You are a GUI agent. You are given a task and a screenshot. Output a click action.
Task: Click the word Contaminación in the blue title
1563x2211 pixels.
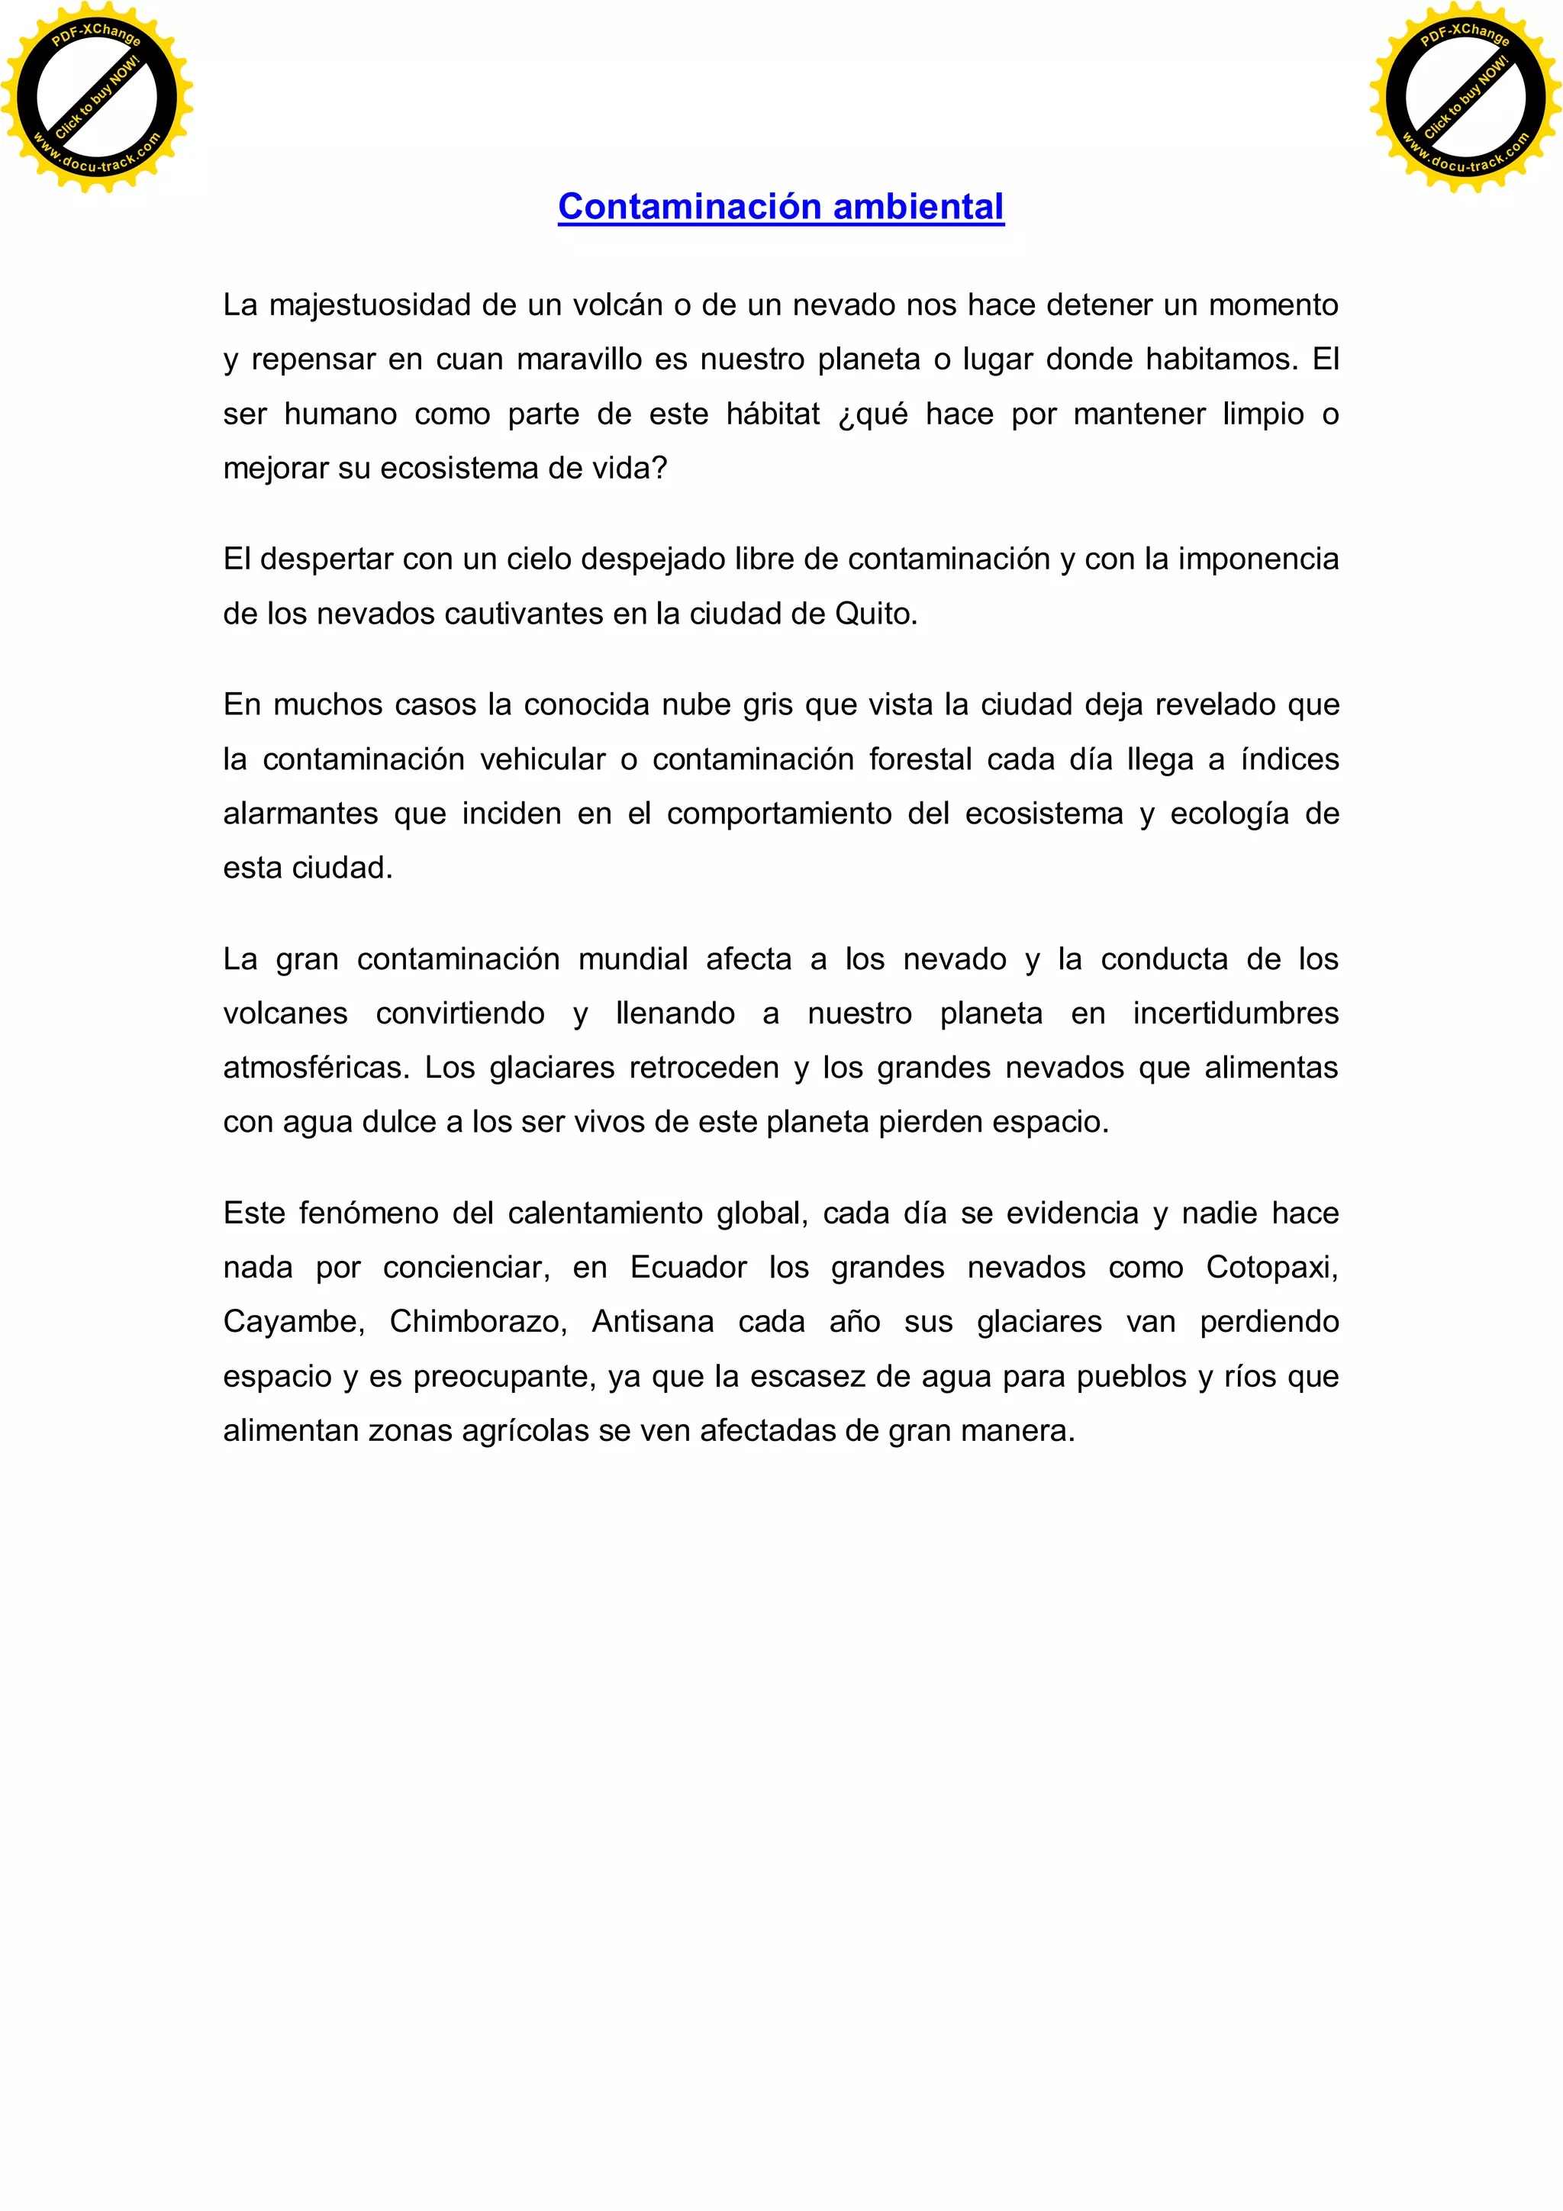coord(691,207)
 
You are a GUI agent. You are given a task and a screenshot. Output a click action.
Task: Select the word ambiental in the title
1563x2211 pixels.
coord(919,207)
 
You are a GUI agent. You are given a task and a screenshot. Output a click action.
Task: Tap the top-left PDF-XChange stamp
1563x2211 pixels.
coord(96,97)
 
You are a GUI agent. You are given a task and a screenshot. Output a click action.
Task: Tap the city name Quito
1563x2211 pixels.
coord(875,614)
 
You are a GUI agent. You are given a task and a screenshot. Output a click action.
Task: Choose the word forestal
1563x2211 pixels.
coord(920,760)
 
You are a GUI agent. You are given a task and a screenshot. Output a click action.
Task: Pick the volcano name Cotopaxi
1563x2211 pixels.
coord(1271,1267)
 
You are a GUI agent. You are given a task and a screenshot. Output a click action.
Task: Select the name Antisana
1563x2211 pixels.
coord(652,1322)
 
